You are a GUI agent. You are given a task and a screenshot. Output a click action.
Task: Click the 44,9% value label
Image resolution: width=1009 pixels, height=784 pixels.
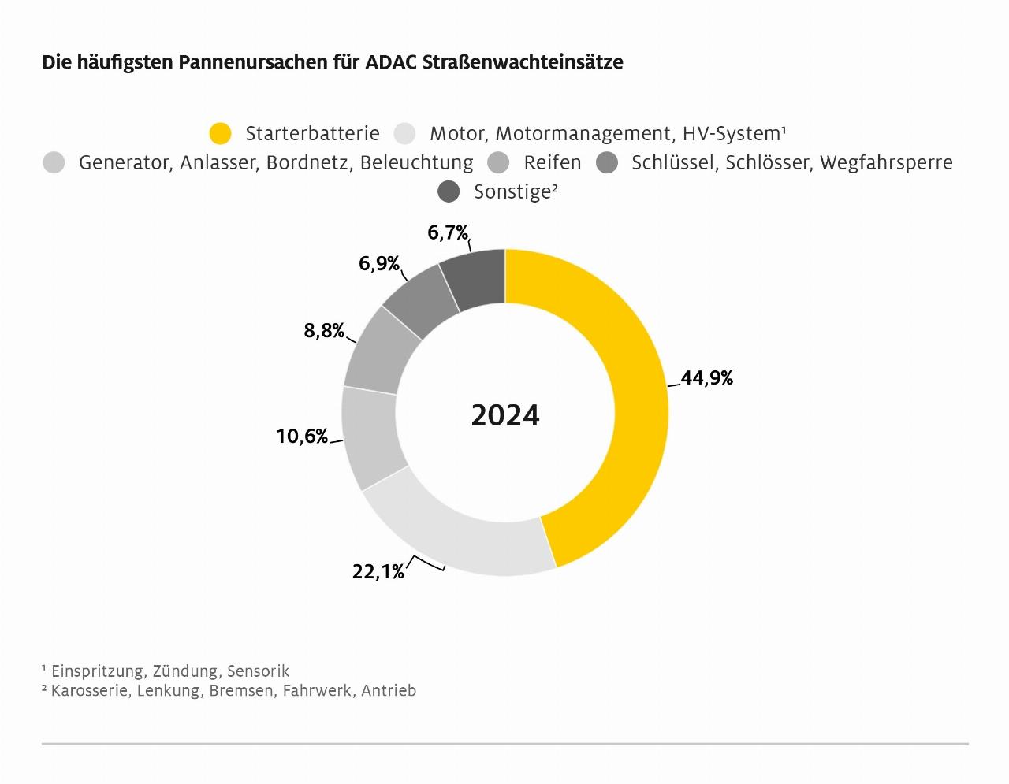pyautogui.click(x=707, y=378)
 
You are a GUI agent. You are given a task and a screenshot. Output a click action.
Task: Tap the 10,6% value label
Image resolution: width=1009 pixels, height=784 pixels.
pyautogui.click(x=302, y=436)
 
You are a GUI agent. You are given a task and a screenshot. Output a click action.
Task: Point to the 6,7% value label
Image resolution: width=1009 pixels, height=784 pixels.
pyautogui.click(x=448, y=232)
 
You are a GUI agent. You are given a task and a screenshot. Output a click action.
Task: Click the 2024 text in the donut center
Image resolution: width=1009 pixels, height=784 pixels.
pyautogui.click(x=505, y=415)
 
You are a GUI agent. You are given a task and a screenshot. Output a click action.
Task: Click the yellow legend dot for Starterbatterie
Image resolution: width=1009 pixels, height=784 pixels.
pyautogui.click(x=220, y=134)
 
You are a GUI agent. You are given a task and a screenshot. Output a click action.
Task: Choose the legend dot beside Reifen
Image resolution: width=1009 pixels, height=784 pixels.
pyautogui.click(x=498, y=163)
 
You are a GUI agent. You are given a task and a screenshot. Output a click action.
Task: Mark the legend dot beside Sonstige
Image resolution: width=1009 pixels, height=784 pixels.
pyautogui.click(x=449, y=191)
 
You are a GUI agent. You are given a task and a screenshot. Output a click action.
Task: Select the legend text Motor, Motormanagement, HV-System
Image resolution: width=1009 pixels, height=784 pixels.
pyautogui.click(x=608, y=134)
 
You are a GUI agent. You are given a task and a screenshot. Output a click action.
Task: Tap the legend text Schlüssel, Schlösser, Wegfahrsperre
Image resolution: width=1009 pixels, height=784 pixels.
pyautogui.click(x=791, y=163)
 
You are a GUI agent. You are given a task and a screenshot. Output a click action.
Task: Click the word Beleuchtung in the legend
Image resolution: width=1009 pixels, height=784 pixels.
pyautogui.click(x=416, y=163)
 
